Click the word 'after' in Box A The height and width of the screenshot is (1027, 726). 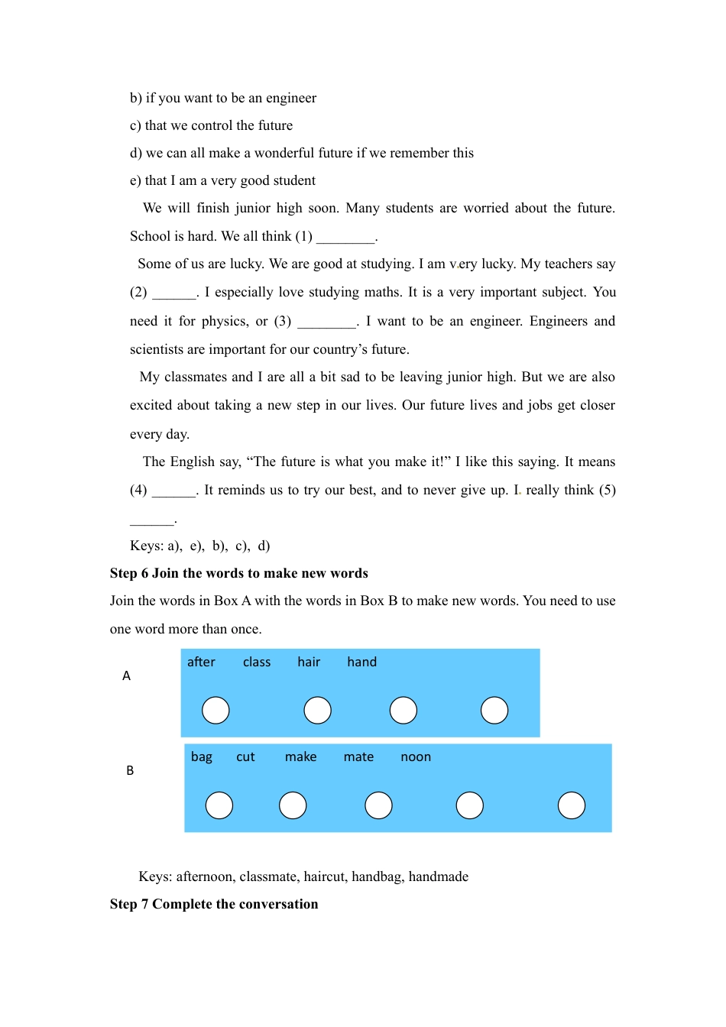pyautogui.click(x=201, y=662)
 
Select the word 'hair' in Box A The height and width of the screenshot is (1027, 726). pyautogui.click(x=309, y=662)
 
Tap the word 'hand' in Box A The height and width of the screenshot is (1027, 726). pyautogui.click(x=361, y=662)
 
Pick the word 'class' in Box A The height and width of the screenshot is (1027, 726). pyautogui.click(x=257, y=662)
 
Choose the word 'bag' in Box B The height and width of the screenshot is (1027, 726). pyautogui.click(x=202, y=756)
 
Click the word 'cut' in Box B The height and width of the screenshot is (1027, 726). pyautogui.click(x=245, y=756)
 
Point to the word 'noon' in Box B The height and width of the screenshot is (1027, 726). pyautogui.click(x=416, y=756)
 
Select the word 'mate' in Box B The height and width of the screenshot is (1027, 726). pyautogui.click(x=358, y=756)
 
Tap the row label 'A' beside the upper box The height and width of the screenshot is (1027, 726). pyautogui.click(x=127, y=675)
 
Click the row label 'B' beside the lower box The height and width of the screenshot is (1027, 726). pyautogui.click(x=130, y=770)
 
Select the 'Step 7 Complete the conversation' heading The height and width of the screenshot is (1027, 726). pyautogui.click(x=214, y=904)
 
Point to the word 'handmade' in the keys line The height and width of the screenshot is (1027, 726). pyautogui.click(x=439, y=876)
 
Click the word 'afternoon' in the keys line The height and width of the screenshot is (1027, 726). pyautogui.click(x=204, y=876)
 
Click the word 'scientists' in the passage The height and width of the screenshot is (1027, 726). pyautogui.click(x=157, y=349)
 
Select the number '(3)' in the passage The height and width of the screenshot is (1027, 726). pyautogui.click(x=283, y=321)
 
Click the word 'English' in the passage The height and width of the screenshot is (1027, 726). pyautogui.click(x=193, y=462)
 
